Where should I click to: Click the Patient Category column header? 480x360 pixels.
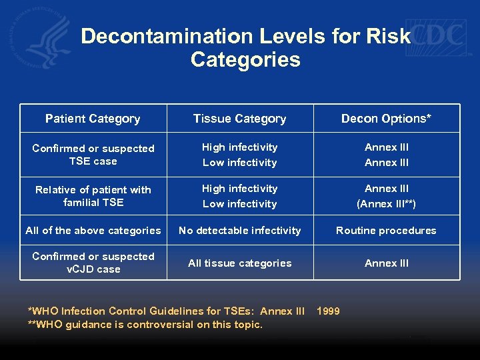[x=93, y=119]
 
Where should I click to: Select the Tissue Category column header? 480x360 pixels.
[x=239, y=119]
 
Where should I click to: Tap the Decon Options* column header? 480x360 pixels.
[x=386, y=119]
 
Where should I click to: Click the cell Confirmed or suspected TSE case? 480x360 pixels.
[x=93, y=155]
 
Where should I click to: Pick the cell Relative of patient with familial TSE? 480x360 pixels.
[x=93, y=196]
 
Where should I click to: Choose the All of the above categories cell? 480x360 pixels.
[x=93, y=231]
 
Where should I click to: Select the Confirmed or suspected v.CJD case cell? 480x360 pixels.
[x=93, y=263]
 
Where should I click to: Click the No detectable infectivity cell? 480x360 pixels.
[x=239, y=231]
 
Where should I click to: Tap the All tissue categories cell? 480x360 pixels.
[x=239, y=263]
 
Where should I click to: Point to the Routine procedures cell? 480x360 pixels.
[x=386, y=231]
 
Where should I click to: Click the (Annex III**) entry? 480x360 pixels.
[x=386, y=204]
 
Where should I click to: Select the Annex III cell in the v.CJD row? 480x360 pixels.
[x=386, y=263]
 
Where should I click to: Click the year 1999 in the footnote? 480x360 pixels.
[x=328, y=311]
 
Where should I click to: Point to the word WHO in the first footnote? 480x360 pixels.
[x=46, y=311]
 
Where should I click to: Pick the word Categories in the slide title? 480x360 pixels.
[x=245, y=60]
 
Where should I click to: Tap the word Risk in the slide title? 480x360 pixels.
[x=387, y=36]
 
